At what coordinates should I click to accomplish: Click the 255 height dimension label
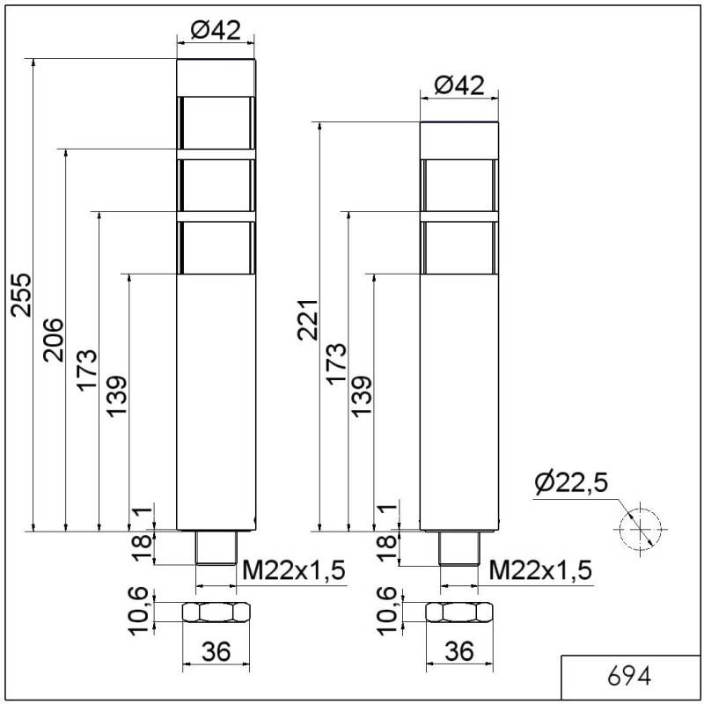[x=22, y=294]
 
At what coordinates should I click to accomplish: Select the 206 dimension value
[x=55, y=339]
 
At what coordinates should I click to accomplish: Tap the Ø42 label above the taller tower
[x=215, y=30]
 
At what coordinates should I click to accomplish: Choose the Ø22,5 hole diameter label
[x=572, y=483]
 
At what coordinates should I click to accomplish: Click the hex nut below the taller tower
[x=216, y=612]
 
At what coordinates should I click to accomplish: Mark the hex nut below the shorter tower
[x=458, y=612]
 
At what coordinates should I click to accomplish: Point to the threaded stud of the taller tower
[x=216, y=548]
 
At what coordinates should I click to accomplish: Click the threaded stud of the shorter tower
[x=458, y=548]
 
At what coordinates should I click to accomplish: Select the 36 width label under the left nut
[x=216, y=651]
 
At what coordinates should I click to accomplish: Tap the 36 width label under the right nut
[x=458, y=651]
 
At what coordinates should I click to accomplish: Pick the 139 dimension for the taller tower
[x=118, y=398]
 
